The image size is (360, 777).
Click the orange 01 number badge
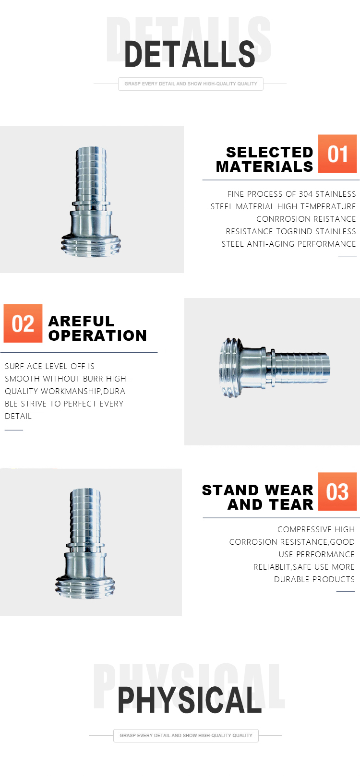click(x=337, y=154)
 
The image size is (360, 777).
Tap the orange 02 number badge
click(x=23, y=323)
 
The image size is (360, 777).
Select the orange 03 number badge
click(x=337, y=491)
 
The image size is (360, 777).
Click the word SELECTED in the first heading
click(x=269, y=152)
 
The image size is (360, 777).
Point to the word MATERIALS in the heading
click(x=264, y=167)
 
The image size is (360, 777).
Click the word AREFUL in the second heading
click(x=81, y=321)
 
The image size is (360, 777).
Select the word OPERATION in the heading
click(x=97, y=335)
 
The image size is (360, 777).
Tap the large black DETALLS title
click(x=190, y=54)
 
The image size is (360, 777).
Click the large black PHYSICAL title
click(x=190, y=700)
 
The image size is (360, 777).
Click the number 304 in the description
click(x=306, y=194)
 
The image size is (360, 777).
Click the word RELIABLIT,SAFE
click(x=282, y=567)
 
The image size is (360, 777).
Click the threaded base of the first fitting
click(x=91, y=246)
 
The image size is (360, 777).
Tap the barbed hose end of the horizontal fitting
click(x=300, y=368)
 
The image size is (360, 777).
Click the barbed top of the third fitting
click(x=85, y=515)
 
